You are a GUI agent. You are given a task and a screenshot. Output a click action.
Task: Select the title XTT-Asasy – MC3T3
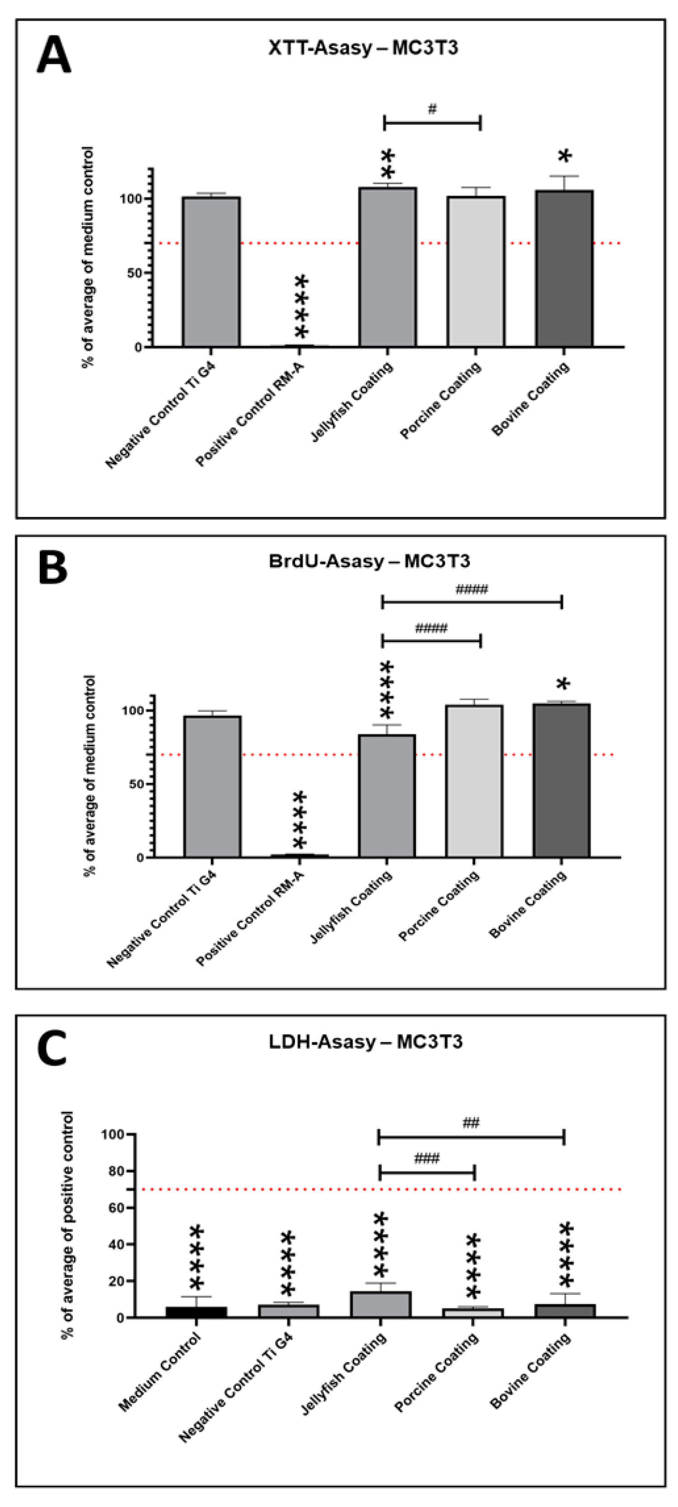point(363,47)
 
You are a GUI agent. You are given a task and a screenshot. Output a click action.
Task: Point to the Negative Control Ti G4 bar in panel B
point(212,786)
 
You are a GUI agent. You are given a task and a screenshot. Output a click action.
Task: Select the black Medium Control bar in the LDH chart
point(196,1311)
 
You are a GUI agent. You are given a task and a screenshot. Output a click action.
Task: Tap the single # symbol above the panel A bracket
point(432,109)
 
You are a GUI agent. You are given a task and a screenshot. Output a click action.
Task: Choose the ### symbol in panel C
point(427,1158)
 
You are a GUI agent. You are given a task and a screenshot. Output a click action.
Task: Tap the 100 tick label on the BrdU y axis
point(131,710)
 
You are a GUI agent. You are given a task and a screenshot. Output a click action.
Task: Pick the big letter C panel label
point(52,1049)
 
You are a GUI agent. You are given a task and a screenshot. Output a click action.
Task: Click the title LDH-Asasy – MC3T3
point(365,1042)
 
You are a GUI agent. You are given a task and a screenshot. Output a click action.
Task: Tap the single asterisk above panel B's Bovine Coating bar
point(563,685)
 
